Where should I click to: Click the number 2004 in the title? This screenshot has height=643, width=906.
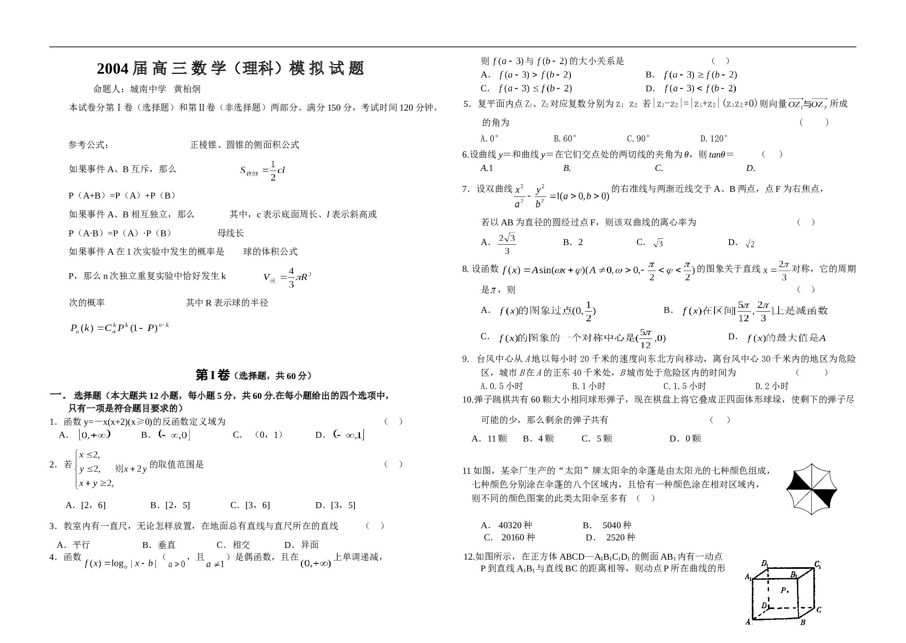coord(112,68)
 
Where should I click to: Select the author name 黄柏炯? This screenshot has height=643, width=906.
coord(187,89)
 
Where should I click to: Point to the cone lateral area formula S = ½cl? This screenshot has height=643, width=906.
coord(262,170)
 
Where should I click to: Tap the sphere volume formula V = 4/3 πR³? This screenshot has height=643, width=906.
coord(287,277)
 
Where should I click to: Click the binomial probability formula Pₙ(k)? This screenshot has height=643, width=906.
coord(119,328)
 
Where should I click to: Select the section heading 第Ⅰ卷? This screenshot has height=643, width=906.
coord(213,375)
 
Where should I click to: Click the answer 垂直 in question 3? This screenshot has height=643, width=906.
coord(167,545)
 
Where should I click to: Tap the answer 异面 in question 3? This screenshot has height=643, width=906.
coord(310,545)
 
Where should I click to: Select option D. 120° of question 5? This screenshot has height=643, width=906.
coord(714,139)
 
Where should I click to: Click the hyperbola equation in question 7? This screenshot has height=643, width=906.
coord(562,196)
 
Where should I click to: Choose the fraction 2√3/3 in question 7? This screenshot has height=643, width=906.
coord(507,244)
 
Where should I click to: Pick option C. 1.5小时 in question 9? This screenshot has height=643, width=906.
coord(685,386)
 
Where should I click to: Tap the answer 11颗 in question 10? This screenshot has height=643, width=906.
coord(497,439)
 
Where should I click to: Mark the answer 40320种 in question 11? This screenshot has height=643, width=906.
coord(515,525)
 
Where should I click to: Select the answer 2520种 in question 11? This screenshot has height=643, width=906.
coord(621,537)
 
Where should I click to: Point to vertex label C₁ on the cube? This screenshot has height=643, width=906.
coord(817,564)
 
